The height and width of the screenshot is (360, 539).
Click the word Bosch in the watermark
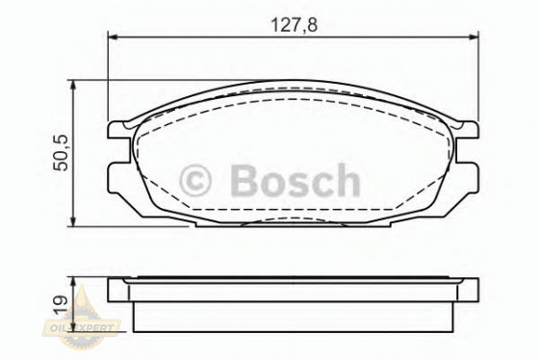[294, 181]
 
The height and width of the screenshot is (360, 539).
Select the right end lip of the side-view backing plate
[468, 287]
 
